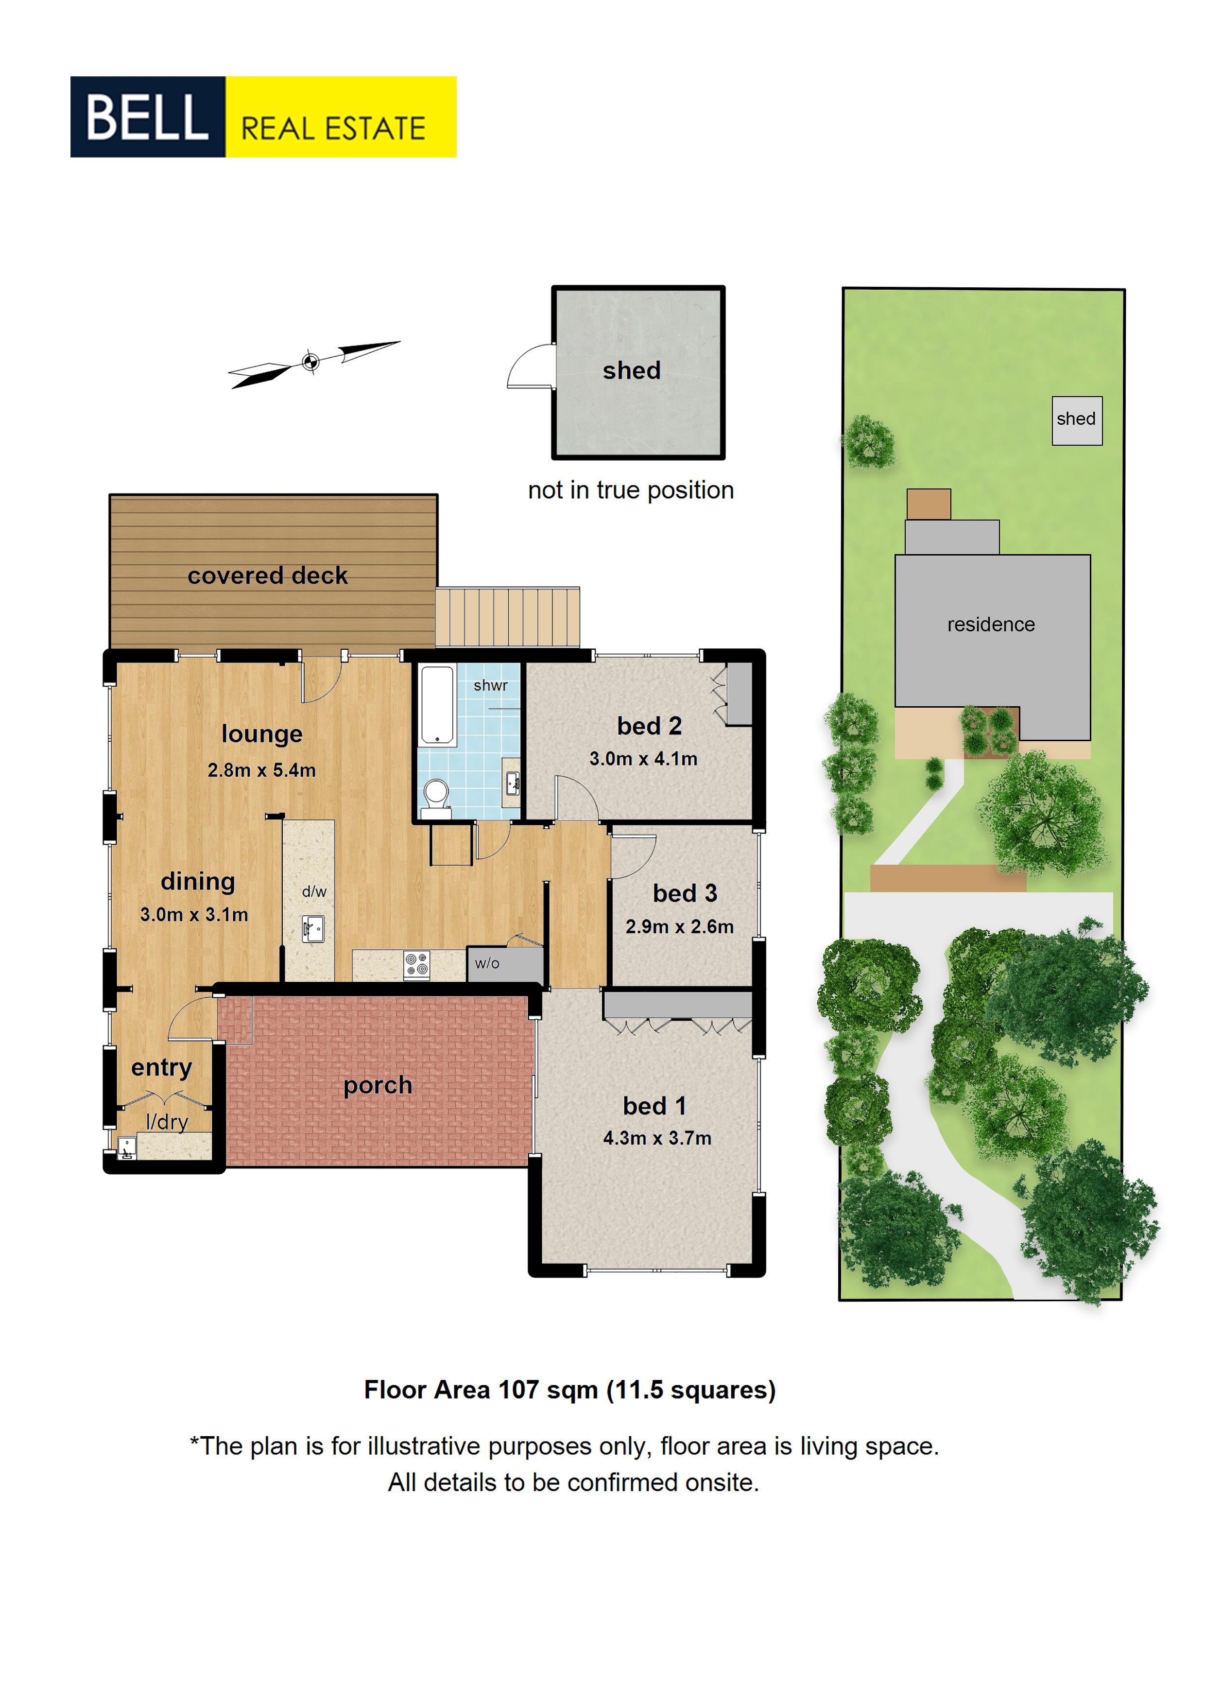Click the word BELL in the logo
[147, 117]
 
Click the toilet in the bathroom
[436, 798]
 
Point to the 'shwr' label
[491, 685]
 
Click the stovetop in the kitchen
[416, 965]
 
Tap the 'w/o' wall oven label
[487, 963]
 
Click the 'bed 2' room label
[649, 726]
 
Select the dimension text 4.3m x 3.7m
[657, 1138]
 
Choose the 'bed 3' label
[685, 893]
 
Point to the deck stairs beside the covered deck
[507, 617]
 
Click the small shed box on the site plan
[1077, 420]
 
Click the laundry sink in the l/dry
[127, 1148]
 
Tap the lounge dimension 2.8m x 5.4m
[261, 770]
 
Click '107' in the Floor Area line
[518, 1390]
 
